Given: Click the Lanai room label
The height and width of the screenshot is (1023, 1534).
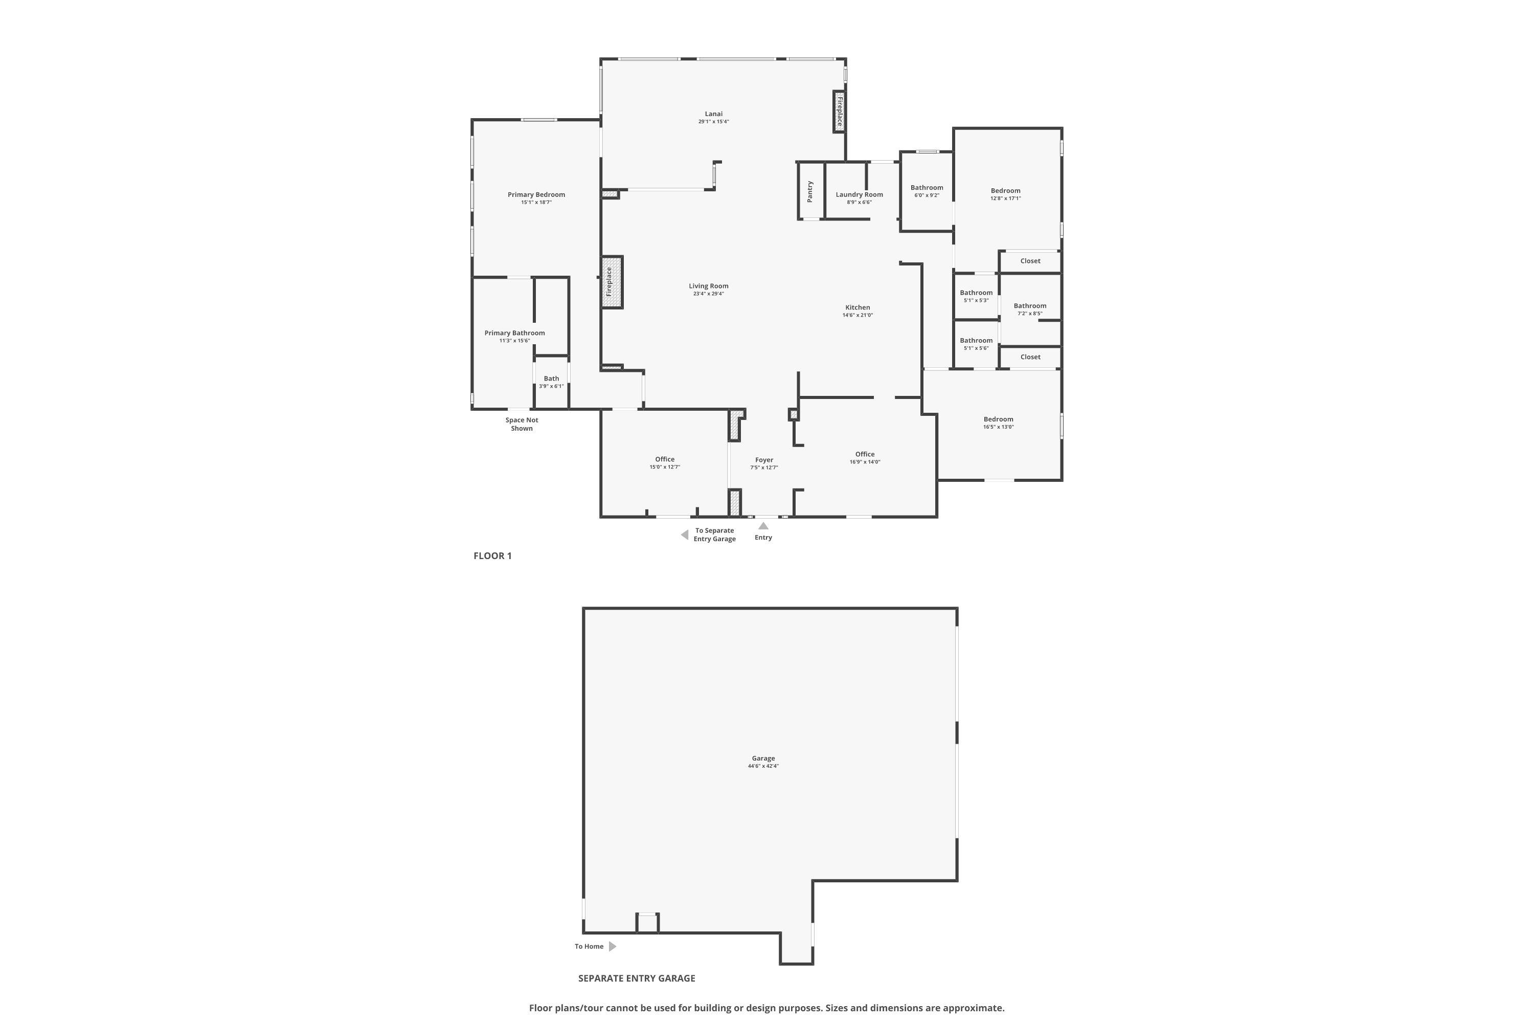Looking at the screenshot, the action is tap(713, 114).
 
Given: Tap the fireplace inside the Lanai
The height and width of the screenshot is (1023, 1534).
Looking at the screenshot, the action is tap(840, 112).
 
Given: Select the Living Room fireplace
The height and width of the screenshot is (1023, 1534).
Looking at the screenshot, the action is tap(612, 282).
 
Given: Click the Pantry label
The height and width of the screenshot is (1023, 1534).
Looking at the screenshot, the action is tap(810, 191).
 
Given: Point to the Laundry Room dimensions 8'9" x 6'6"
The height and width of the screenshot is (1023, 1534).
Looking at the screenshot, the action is tap(859, 202).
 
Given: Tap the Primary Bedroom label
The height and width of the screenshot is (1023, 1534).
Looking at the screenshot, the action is tap(536, 194).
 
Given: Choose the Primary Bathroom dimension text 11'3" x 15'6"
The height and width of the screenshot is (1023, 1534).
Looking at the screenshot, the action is tap(514, 341).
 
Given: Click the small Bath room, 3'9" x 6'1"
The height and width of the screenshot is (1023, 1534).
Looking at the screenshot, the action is tap(552, 382).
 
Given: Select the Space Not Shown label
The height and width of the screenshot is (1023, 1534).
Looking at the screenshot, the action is tap(522, 424).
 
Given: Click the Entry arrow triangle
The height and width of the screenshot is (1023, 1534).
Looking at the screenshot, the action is tap(763, 526).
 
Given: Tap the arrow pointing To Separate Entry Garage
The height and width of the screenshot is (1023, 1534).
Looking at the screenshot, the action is tap(684, 535).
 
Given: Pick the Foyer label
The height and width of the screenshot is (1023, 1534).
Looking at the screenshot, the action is tap(764, 460).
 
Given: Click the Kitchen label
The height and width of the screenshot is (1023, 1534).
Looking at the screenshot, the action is tap(858, 307).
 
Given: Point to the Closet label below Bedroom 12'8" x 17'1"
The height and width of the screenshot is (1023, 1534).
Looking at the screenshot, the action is tap(1030, 261).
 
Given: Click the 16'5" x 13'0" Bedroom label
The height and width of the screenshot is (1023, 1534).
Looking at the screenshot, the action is tap(999, 419).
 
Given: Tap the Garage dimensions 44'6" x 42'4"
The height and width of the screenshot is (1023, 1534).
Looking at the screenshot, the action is tap(763, 766).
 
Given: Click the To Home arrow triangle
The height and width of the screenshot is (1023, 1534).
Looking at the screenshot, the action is tap(613, 946).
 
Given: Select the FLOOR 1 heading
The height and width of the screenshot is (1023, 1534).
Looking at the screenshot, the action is tap(492, 556).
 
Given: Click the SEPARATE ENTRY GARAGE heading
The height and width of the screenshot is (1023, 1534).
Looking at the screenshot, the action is tap(637, 978).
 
